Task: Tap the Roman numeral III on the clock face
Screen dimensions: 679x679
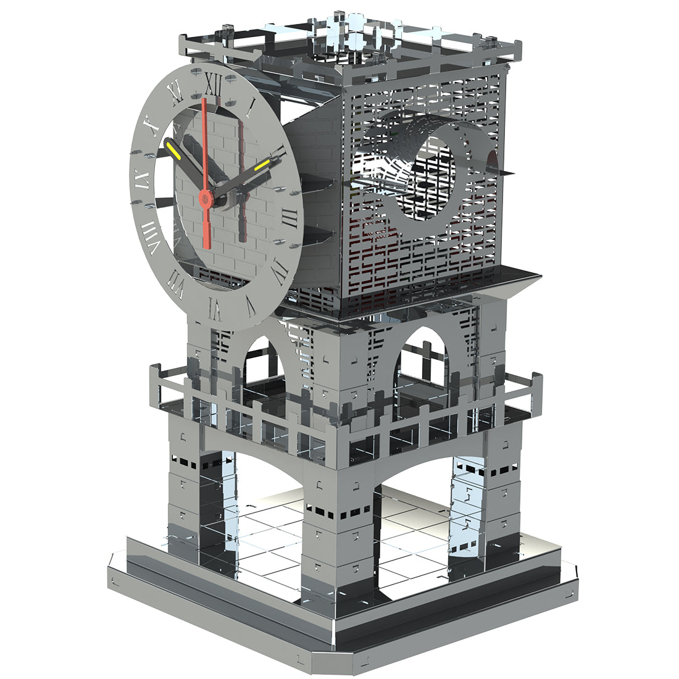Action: [x=291, y=215]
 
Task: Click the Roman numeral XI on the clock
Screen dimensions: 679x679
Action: [x=177, y=93]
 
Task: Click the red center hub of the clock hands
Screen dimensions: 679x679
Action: [x=205, y=198]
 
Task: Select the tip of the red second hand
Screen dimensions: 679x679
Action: [x=203, y=101]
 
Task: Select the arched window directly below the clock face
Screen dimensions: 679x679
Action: [x=262, y=364]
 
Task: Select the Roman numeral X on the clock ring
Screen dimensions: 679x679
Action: [x=152, y=127]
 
